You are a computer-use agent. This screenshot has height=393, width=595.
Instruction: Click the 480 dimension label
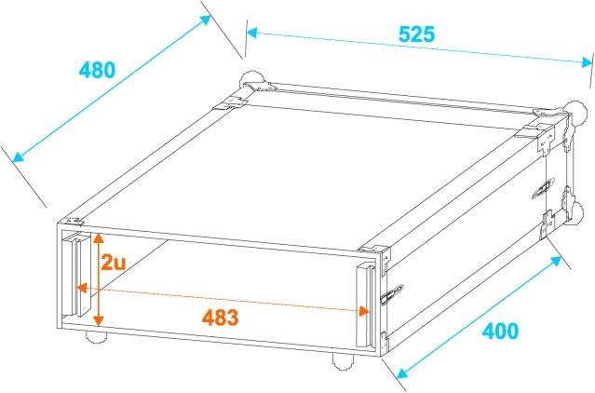(x=97, y=70)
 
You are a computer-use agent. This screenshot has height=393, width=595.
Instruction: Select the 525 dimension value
(x=416, y=34)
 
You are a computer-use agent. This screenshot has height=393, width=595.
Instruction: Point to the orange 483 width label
(x=221, y=317)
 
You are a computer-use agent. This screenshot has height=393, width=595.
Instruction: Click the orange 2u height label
(x=114, y=263)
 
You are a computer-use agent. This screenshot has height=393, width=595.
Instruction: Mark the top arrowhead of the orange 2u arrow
(x=96, y=234)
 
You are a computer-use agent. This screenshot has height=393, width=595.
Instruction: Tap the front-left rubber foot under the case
(x=94, y=336)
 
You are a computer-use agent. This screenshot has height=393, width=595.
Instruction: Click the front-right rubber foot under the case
(x=341, y=359)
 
